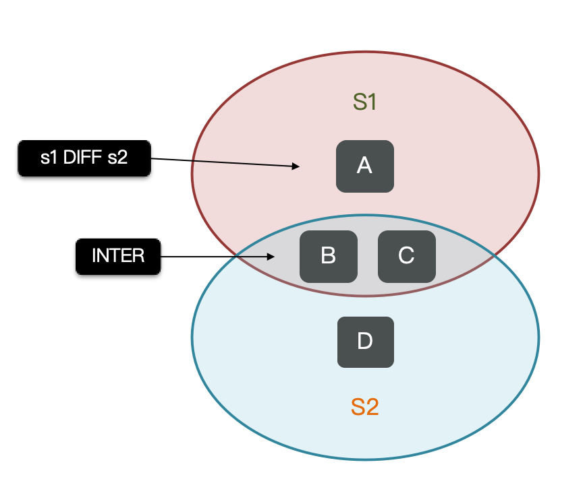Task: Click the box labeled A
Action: click(x=364, y=166)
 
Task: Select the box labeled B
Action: click(x=328, y=256)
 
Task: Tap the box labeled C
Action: click(x=406, y=256)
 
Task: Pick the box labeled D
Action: click(x=364, y=342)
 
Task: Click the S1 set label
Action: click(x=364, y=102)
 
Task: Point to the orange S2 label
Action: click(x=364, y=407)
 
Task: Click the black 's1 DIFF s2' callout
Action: click(x=84, y=159)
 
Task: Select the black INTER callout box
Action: click(x=118, y=256)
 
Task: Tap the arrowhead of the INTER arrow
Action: click(x=271, y=257)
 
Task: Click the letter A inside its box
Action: click(x=364, y=166)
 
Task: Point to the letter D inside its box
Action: click(x=364, y=342)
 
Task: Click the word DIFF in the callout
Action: click(x=84, y=159)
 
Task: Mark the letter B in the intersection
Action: click(x=328, y=256)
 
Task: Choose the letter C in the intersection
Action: click(x=406, y=256)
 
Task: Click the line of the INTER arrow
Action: click(x=216, y=257)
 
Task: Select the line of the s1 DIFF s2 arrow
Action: click(x=223, y=162)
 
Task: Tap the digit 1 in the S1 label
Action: click(x=370, y=102)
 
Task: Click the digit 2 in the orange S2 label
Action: click(x=372, y=407)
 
